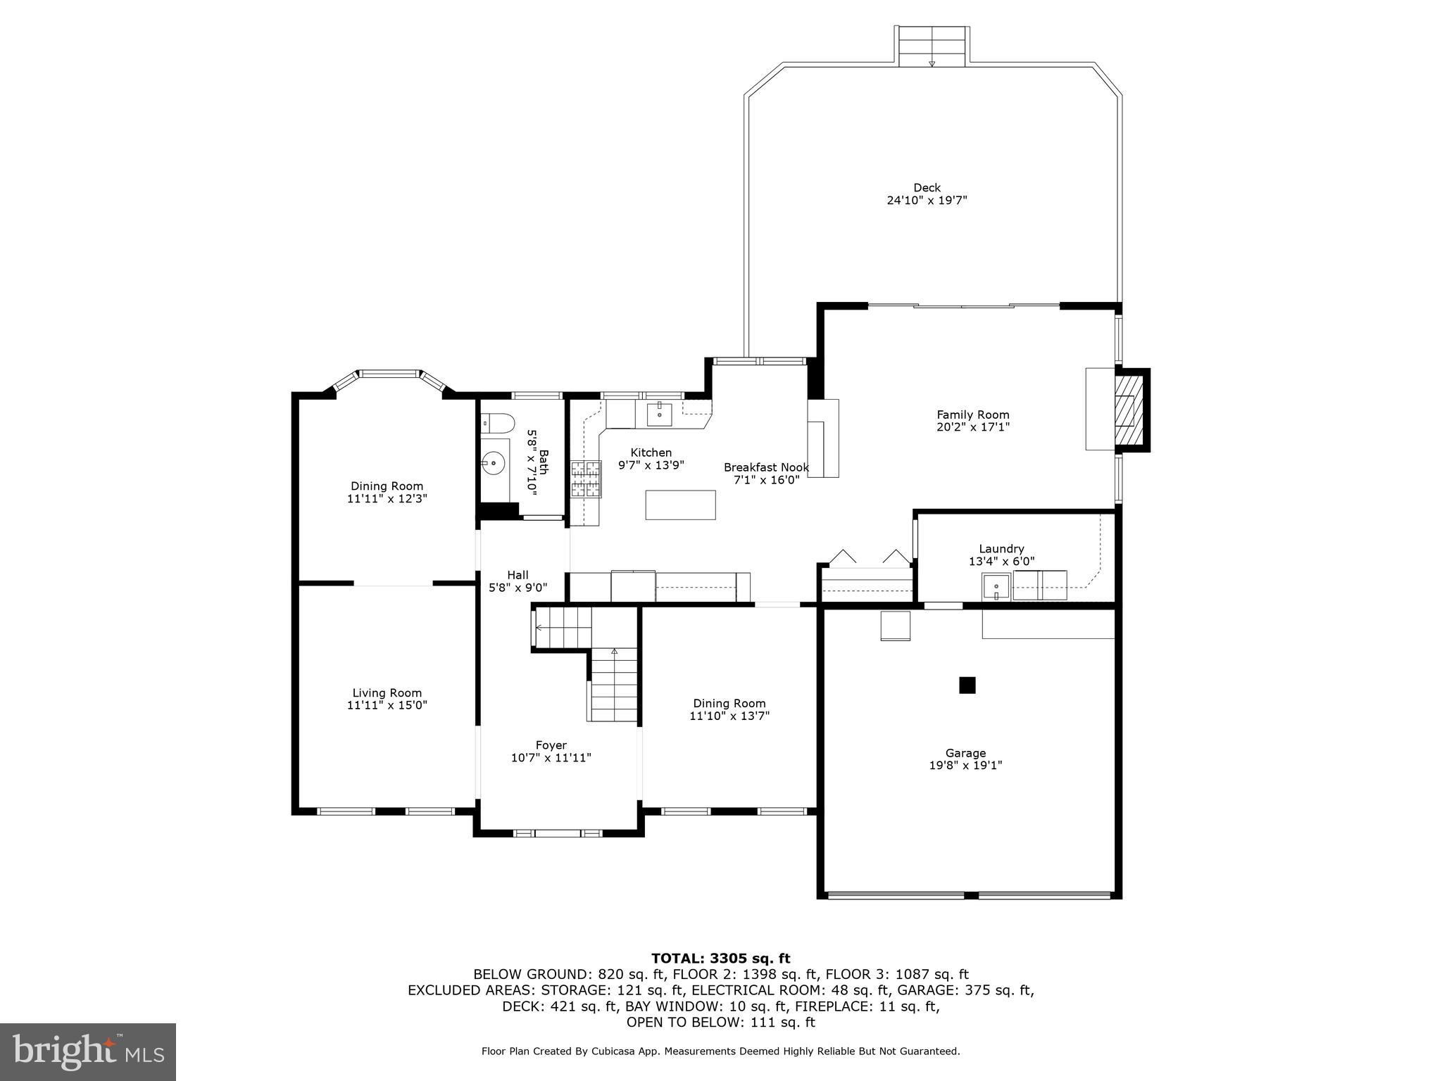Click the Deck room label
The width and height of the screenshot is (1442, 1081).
point(927,188)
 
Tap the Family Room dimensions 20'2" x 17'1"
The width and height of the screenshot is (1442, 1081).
point(973,426)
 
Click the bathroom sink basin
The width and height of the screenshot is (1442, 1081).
point(494,462)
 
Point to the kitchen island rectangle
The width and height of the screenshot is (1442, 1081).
point(680,505)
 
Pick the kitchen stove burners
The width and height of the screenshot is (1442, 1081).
point(586,479)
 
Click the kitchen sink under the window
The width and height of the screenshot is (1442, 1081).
point(660,415)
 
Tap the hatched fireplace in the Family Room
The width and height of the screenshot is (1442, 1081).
point(1129,410)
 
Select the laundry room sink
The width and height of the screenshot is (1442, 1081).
point(996,586)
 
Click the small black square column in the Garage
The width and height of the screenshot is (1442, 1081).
point(967,685)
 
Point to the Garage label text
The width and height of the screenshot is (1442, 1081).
point(965,753)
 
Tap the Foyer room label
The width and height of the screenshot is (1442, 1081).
point(551,745)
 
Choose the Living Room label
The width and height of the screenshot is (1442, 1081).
point(387,693)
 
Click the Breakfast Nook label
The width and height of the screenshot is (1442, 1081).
point(766,467)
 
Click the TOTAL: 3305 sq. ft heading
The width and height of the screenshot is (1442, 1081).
point(720,959)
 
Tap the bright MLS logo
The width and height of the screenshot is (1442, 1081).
point(87,1051)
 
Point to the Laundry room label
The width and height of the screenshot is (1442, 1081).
point(1001,549)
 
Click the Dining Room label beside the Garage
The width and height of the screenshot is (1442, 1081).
point(729,703)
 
